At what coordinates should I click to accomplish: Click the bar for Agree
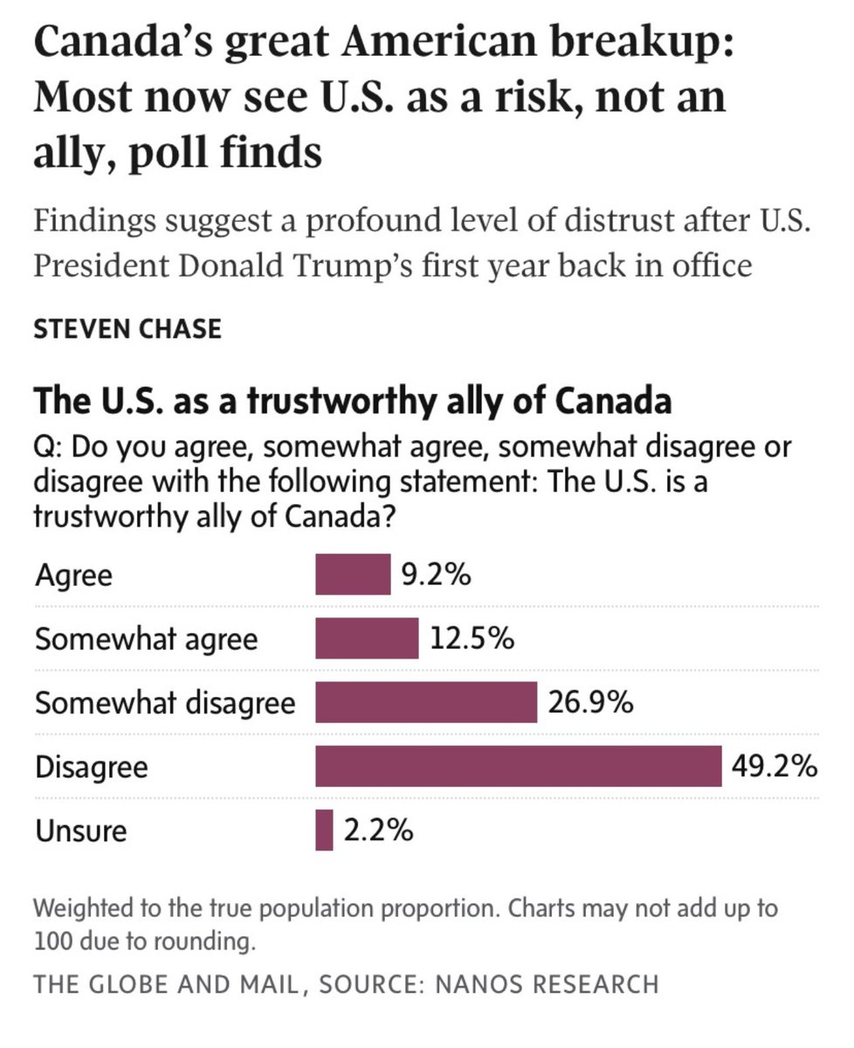click(353, 575)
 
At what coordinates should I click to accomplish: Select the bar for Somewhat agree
click(367, 638)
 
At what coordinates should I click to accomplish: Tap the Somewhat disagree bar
click(426, 703)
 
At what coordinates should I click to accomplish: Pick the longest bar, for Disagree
click(518, 767)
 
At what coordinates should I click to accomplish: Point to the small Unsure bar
click(324, 830)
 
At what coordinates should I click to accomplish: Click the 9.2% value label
click(437, 576)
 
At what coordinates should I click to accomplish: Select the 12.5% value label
click(472, 639)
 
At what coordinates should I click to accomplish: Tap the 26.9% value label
click(590, 703)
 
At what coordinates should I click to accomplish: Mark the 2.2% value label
click(378, 831)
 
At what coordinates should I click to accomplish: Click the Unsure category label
click(80, 831)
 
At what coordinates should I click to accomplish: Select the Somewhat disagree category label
click(165, 703)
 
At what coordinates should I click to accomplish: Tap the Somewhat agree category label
click(147, 639)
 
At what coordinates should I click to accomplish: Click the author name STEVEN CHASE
click(127, 329)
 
